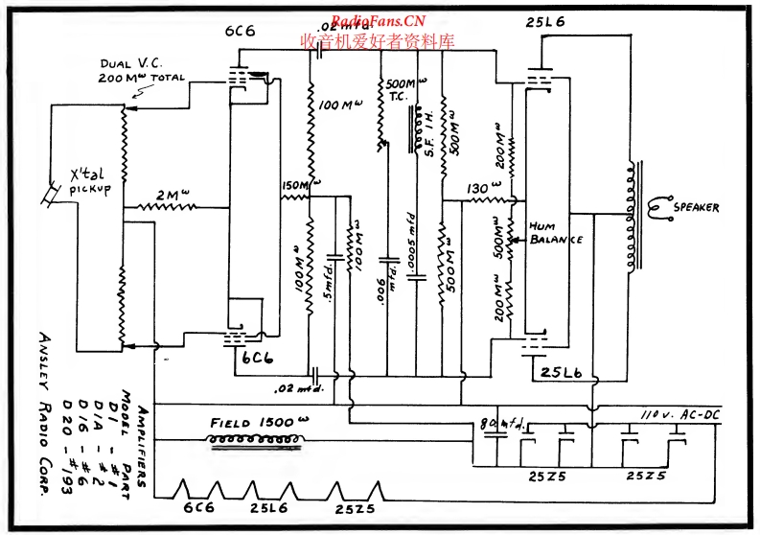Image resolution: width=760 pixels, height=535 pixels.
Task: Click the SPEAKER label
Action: point(696,208)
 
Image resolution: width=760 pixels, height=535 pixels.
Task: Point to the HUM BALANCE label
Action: point(557,234)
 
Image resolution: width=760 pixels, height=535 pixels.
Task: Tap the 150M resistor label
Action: point(298,185)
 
